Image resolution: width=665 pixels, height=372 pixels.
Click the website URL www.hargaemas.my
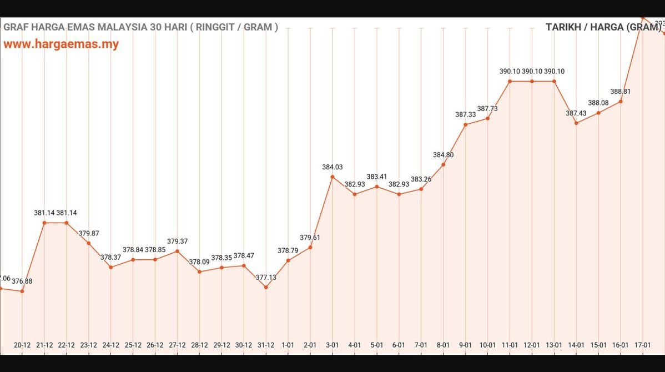pos(61,44)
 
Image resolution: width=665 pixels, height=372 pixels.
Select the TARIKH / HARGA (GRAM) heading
pos(603,27)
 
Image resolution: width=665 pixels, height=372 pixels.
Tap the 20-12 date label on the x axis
pos(22,345)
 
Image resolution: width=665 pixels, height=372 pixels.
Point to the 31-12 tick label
pos(266,345)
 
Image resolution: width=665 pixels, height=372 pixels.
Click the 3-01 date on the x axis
pos(332,345)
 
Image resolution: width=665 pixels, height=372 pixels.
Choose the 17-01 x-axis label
pos(643,345)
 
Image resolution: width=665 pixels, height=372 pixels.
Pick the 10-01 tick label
pos(487,345)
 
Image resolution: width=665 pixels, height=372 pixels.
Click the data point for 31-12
pos(266,287)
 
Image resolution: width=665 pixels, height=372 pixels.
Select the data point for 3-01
pos(332,177)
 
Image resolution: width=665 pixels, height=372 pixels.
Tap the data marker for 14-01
pos(576,123)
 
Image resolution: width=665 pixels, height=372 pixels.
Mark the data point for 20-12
pos(22,291)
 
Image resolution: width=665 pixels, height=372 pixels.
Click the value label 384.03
pos(332,167)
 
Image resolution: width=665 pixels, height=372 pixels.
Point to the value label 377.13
pos(266,277)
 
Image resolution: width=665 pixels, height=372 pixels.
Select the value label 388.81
pos(621,91)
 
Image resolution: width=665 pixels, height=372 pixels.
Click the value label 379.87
pos(89,233)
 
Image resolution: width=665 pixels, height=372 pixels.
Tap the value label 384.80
pos(443,155)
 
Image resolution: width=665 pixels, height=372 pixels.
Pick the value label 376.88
pos(22,281)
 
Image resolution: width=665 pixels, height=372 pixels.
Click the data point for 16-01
pos(621,101)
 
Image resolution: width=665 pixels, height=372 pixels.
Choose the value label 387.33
pos(465,114)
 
